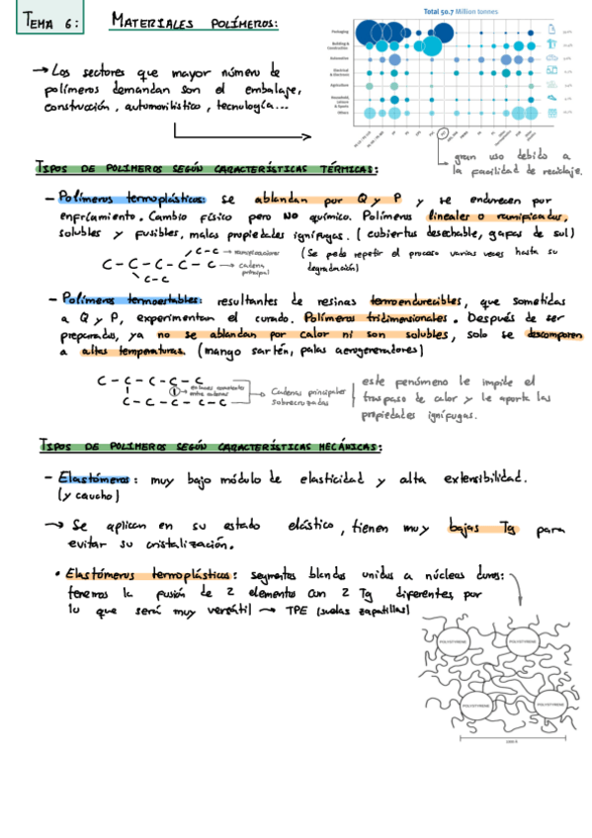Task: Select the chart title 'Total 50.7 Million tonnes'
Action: (x=459, y=11)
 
